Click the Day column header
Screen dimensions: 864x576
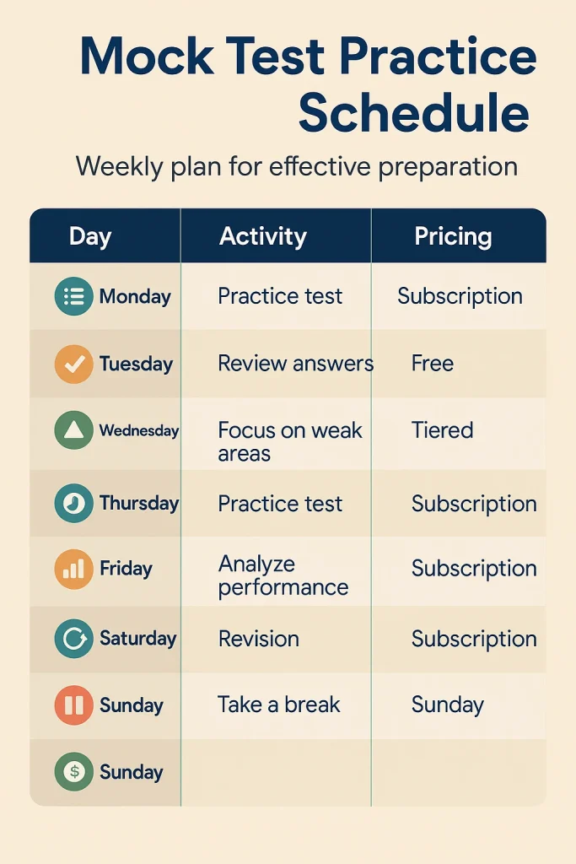(90, 236)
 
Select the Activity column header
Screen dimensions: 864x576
(262, 236)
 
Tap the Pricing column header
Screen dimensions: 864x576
(453, 236)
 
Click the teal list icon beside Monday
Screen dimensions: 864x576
(73, 297)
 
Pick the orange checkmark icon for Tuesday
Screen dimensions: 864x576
(73, 364)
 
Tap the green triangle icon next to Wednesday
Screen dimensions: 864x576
(73, 431)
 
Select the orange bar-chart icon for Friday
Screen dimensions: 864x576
(73, 569)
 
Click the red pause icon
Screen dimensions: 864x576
(73, 705)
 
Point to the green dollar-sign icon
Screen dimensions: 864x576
(73, 772)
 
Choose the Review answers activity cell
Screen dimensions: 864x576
(295, 364)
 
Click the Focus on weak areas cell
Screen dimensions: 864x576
(289, 441)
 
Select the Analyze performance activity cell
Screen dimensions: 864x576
(283, 575)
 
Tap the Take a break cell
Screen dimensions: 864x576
(278, 705)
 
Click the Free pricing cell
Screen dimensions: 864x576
(433, 364)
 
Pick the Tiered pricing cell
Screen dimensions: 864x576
(442, 430)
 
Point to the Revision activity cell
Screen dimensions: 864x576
(258, 639)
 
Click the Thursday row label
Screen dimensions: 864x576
(138, 504)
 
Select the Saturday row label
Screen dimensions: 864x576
(137, 638)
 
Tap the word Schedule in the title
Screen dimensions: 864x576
(413, 112)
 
